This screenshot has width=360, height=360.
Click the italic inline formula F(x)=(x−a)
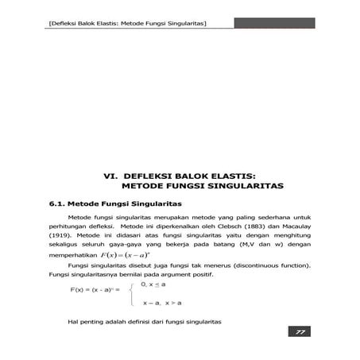(x=121, y=257)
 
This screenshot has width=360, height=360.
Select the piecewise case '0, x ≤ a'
(x=154, y=283)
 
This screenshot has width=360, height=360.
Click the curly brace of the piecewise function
(x=132, y=292)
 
